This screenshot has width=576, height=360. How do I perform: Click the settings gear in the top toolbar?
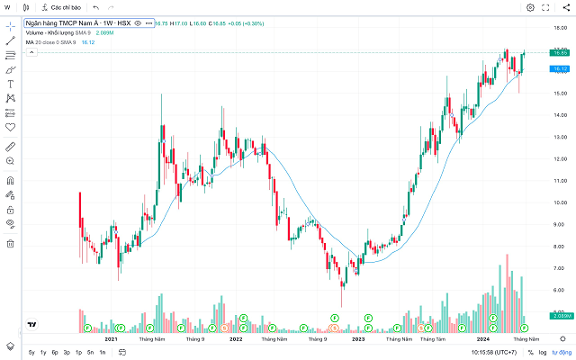pyautogui.click(x=530, y=7)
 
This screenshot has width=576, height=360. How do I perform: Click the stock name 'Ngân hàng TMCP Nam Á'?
pyautogui.click(x=76, y=22)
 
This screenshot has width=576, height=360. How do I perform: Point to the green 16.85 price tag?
pyautogui.click(x=559, y=54)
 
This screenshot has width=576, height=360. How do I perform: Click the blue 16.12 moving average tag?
pyautogui.click(x=559, y=68)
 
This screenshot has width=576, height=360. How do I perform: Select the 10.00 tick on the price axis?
pyautogui.click(x=559, y=202)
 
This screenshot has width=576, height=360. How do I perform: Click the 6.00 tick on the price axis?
pyautogui.click(x=559, y=290)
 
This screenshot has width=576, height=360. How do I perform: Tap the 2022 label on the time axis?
pyautogui.click(x=236, y=339)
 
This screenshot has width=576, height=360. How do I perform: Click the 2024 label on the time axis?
pyautogui.click(x=482, y=339)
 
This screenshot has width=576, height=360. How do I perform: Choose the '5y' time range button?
pyautogui.click(x=31, y=352)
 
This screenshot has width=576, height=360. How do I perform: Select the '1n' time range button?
pyautogui.click(x=102, y=352)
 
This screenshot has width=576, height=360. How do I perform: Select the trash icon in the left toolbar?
pyautogui.click(x=11, y=243)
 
